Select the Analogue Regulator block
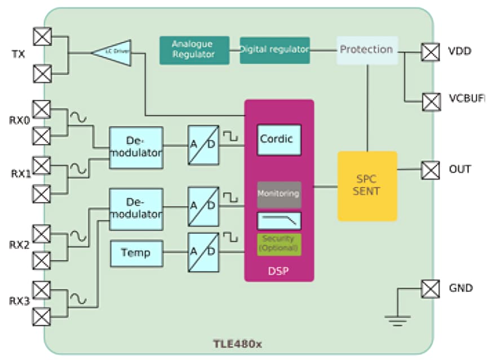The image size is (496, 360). click(194, 50)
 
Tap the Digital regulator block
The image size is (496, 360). click(274, 50)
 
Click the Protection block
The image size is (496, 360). click(366, 50)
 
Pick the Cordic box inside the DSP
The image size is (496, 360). click(279, 139)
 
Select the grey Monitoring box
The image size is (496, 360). click(279, 194)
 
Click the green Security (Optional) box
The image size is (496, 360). click(279, 245)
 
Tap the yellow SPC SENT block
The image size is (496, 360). click(367, 186)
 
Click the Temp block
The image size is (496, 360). click(136, 252)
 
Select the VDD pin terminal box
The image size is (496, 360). click(431, 52)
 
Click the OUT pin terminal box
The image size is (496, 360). click(431, 170)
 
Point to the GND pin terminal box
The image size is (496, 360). click(431, 288)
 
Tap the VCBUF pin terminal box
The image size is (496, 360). click(431, 101)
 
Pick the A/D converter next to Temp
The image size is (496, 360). click(203, 252)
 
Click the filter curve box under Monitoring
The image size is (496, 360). click(279, 220)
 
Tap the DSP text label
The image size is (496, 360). click(278, 271)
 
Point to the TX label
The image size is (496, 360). click(19, 55)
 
